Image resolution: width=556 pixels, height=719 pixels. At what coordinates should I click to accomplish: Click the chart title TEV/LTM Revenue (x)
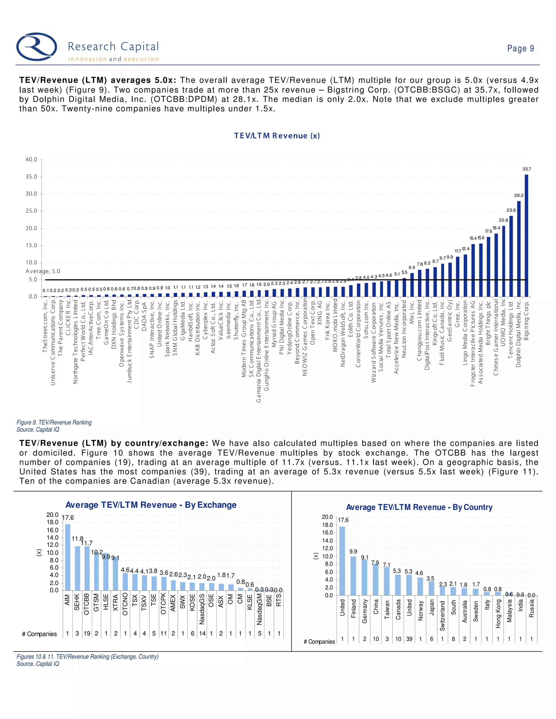coord(277,136)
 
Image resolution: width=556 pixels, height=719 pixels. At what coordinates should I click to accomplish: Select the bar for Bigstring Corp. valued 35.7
coord(526,236)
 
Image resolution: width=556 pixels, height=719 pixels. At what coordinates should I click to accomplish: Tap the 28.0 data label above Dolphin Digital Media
coord(519,195)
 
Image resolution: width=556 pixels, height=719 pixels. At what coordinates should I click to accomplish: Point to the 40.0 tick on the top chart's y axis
coord(31,160)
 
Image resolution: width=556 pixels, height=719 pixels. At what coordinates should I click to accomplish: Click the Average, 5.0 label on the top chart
coord(43,271)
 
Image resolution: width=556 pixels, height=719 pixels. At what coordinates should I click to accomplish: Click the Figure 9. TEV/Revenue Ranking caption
coord(54,422)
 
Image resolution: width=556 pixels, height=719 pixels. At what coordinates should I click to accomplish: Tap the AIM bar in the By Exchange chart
coord(68,557)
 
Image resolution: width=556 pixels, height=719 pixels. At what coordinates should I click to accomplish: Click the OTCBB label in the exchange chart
coord(87,604)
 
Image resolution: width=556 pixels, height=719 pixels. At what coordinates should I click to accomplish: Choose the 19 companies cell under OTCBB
coord(87,634)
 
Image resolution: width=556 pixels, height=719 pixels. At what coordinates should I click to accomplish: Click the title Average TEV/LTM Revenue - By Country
coord(419,507)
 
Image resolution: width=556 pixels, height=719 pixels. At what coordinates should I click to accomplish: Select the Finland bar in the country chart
coord(353,575)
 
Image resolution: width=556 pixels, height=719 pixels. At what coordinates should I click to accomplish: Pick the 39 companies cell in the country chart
coord(409,639)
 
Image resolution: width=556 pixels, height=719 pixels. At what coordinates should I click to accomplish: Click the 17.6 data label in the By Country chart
coord(343,520)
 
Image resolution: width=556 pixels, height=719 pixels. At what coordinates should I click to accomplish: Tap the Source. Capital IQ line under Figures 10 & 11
coord(38,664)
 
